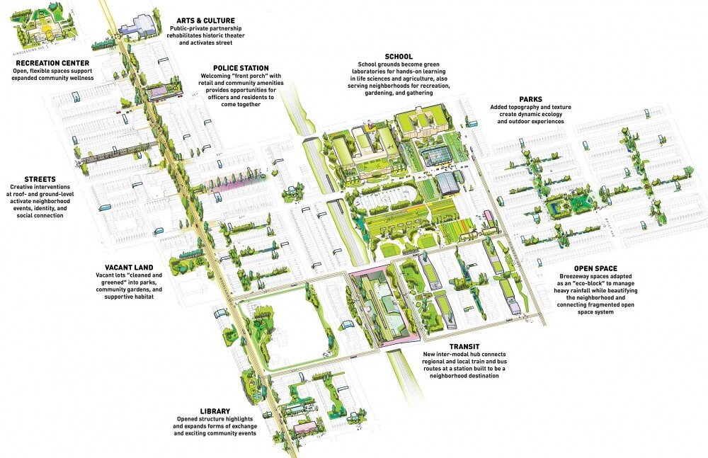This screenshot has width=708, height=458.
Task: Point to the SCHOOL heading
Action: tap(399, 56)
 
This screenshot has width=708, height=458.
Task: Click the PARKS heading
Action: tap(530, 99)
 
